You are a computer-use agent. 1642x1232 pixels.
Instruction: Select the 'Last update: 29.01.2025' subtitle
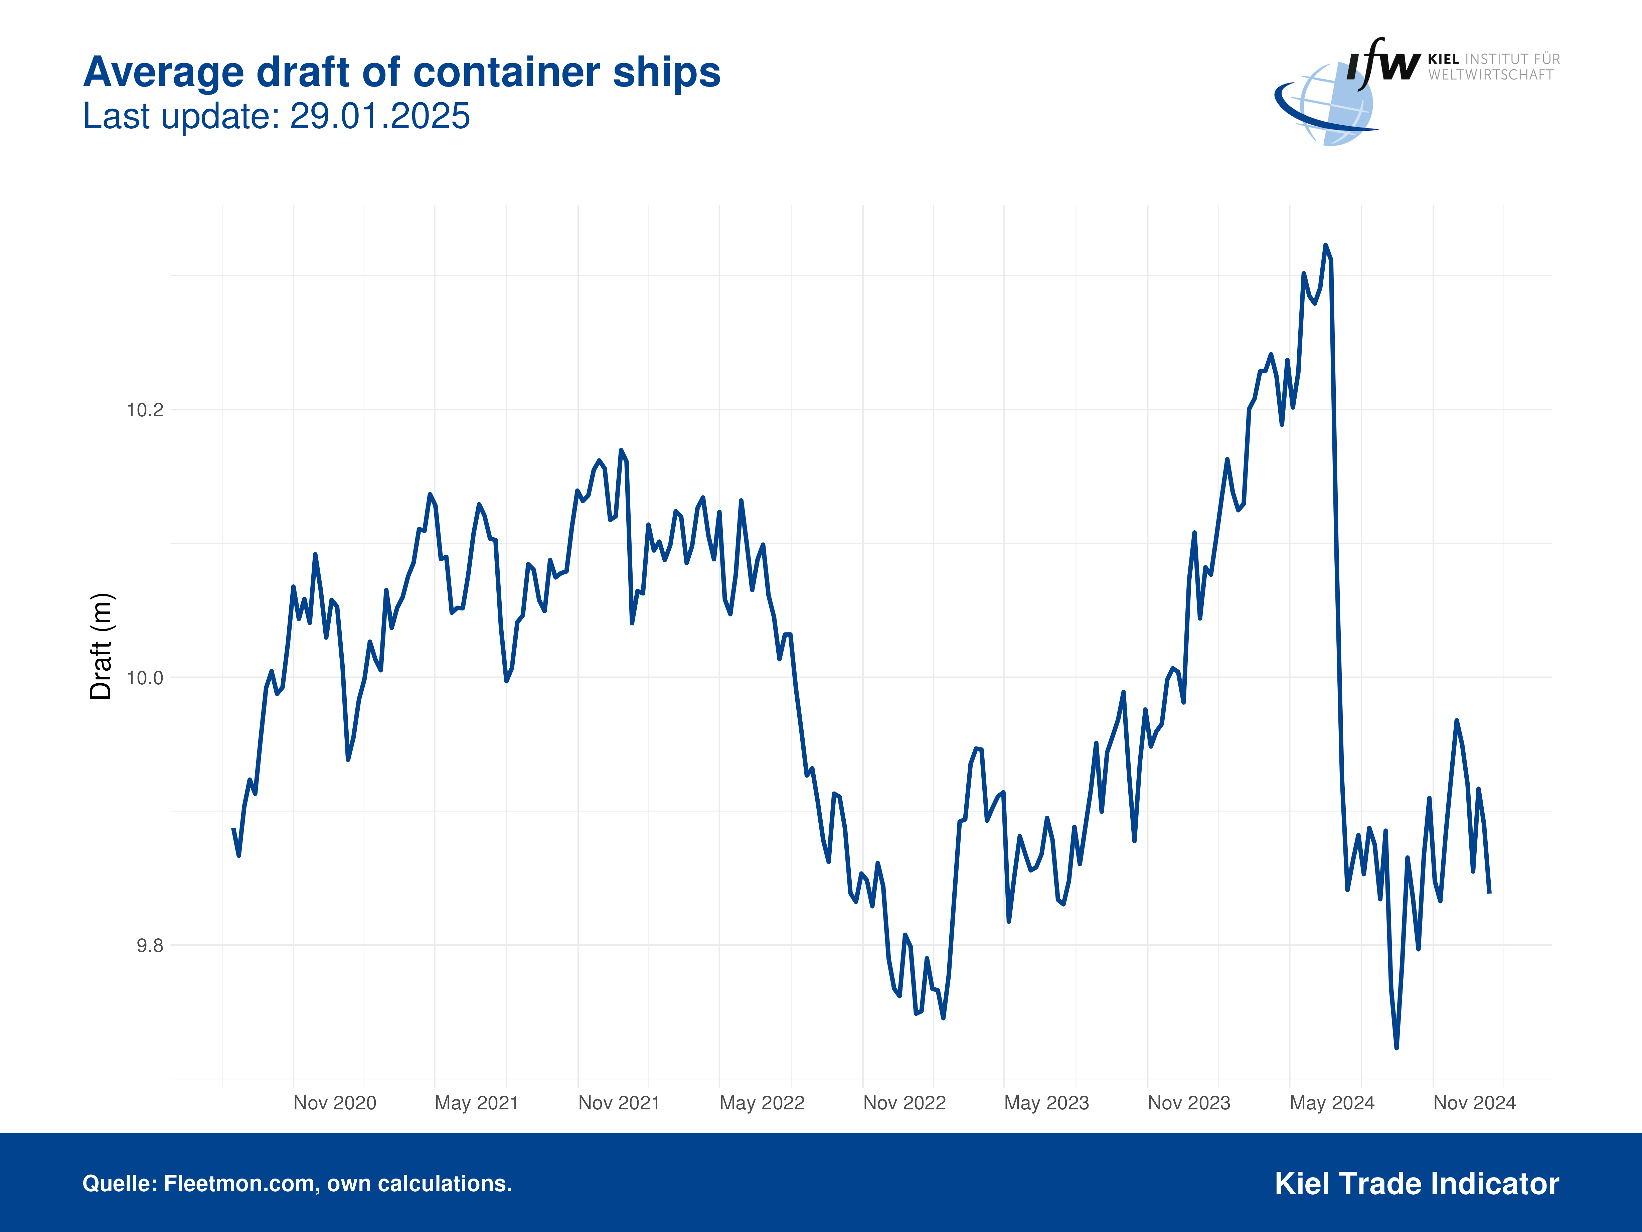276,117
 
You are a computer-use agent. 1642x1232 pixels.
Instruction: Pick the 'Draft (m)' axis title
101,646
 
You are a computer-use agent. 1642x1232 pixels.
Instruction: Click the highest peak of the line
1326,246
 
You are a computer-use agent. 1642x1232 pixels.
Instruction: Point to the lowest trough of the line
1396,1047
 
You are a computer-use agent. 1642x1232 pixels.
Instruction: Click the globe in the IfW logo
1332,104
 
